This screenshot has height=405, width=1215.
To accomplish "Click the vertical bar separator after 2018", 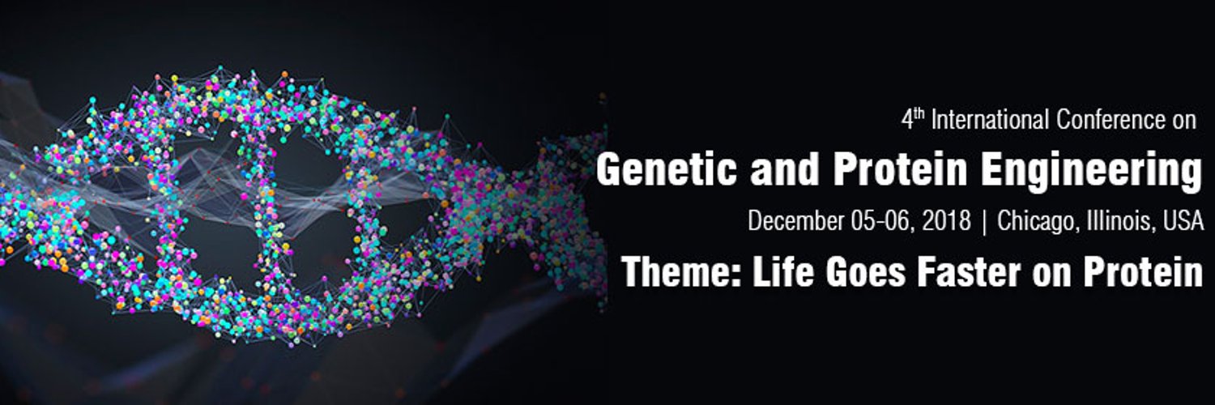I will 984,221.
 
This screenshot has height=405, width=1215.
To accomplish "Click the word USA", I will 1183,221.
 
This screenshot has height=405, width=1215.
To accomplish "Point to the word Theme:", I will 682,272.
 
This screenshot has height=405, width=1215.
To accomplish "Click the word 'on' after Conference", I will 1183,121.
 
